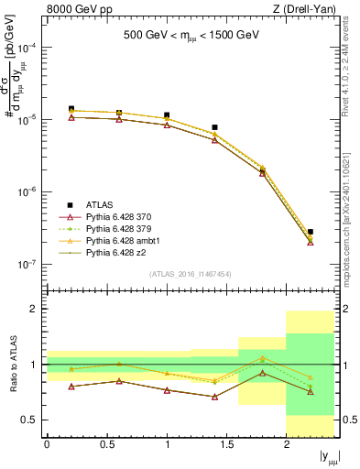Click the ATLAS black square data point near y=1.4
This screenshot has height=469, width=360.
[214, 127]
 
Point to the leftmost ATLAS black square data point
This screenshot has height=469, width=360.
[71, 109]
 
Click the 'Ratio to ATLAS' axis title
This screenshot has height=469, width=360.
[11, 365]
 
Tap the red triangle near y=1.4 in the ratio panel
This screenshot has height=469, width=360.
[214, 397]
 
